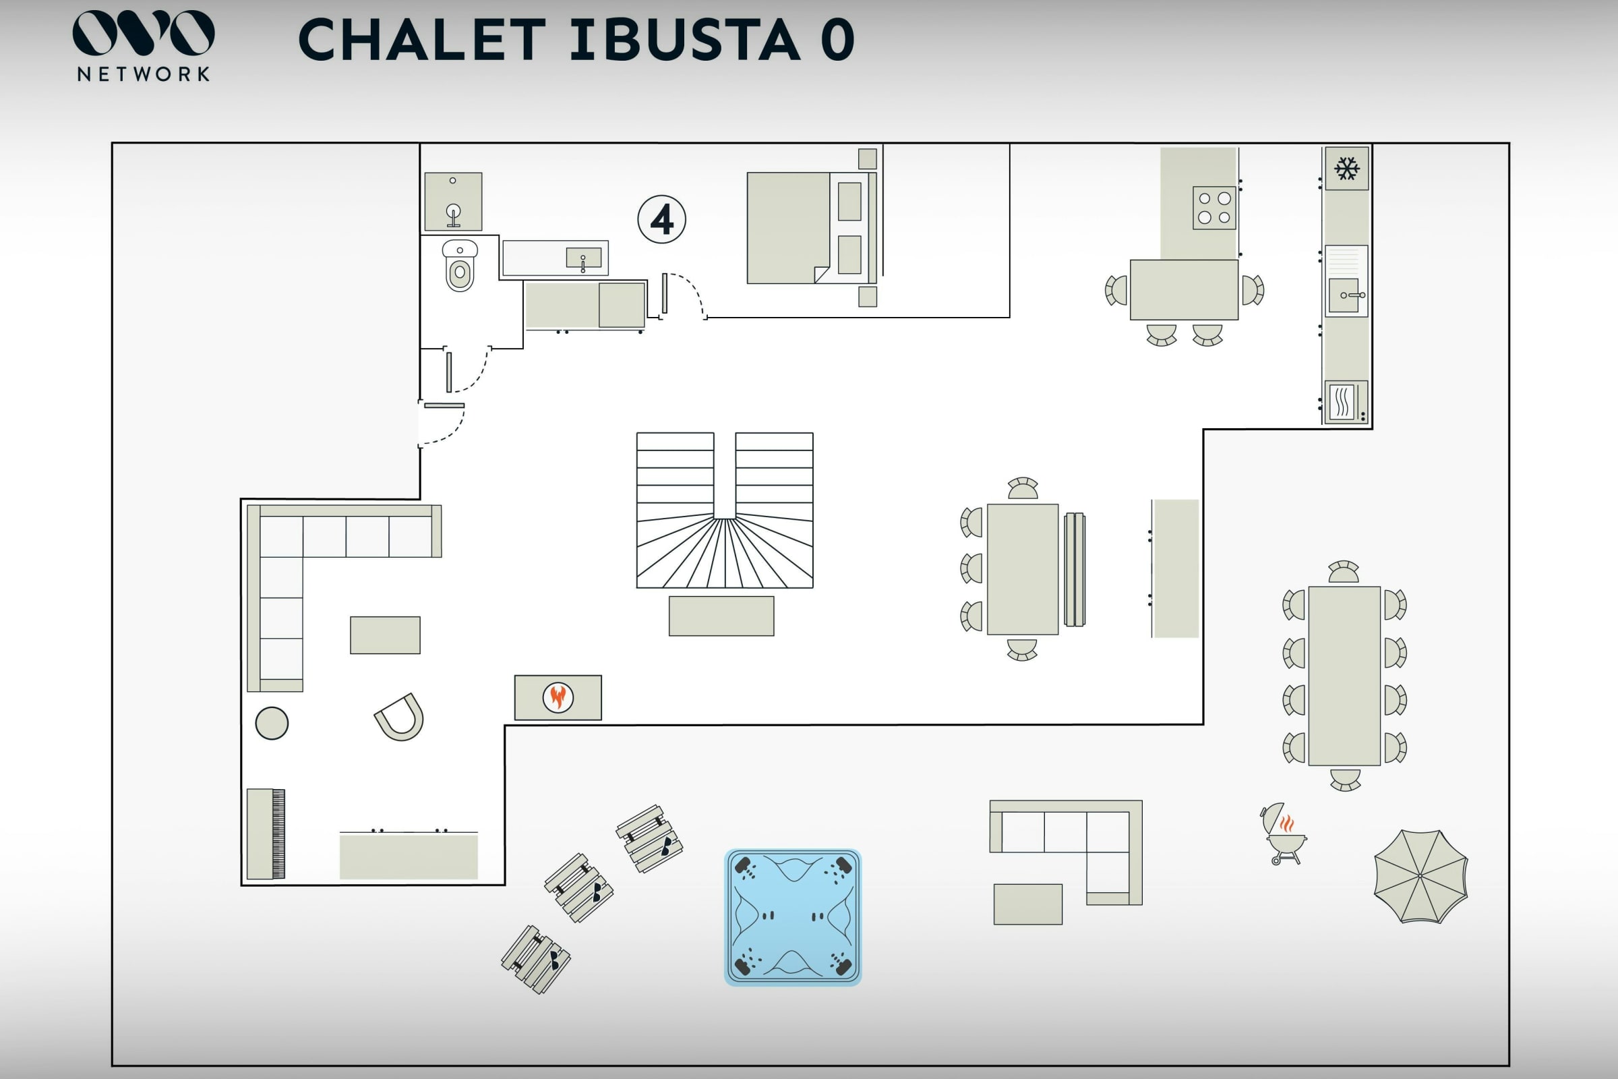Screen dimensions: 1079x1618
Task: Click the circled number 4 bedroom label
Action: pyautogui.click(x=661, y=220)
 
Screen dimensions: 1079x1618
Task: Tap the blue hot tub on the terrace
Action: pyautogui.click(x=793, y=916)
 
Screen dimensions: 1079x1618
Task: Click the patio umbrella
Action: pyautogui.click(x=1420, y=875)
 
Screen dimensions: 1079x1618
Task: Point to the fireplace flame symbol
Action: pyautogui.click(x=558, y=697)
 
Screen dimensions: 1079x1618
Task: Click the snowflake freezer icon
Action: pyautogui.click(x=1346, y=169)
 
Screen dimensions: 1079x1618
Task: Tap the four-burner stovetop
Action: pyautogui.click(x=1214, y=208)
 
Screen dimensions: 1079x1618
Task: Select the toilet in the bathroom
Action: pyautogui.click(x=460, y=266)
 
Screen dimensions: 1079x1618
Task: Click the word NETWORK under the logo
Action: pyautogui.click(x=143, y=74)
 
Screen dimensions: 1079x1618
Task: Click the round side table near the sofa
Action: pyautogui.click(x=272, y=723)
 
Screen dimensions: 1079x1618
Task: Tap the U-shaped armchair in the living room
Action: pyautogui.click(x=400, y=718)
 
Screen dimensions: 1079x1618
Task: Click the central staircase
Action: pyautogui.click(x=724, y=510)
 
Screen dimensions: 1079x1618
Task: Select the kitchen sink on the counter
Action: pyautogui.click(x=1346, y=295)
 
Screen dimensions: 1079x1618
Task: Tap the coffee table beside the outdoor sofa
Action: pyautogui.click(x=1027, y=904)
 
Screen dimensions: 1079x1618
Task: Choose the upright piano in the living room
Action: pyautogui.click(x=266, y=834)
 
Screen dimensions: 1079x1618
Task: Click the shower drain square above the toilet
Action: pyautogui.click(x=452, y=202)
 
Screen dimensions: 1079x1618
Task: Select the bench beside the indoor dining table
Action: pyautogui.click(x=1074, y=569)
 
